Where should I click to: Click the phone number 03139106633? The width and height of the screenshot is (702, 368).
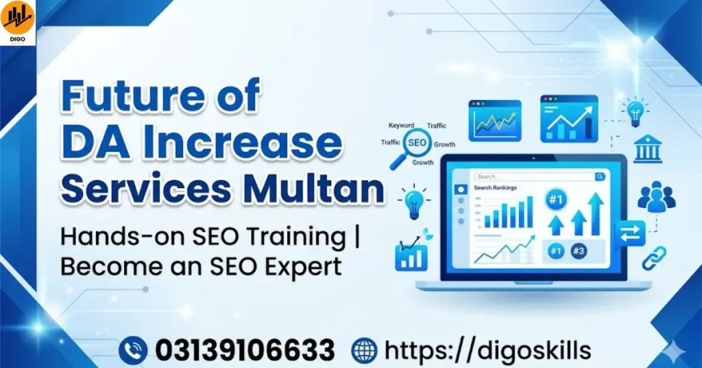point(245,349)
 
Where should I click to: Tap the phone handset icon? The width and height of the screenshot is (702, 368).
point(133,349)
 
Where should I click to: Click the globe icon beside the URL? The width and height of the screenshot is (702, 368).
point(364,349)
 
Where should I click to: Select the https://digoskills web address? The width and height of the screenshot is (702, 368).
point(487,349)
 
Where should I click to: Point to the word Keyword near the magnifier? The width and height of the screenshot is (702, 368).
point(401,126)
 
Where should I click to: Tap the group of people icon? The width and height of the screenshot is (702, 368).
point(656,196)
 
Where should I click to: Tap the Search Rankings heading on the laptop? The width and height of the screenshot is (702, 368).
point(495,187)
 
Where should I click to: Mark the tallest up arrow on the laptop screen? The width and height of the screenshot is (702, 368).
point(595,214)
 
